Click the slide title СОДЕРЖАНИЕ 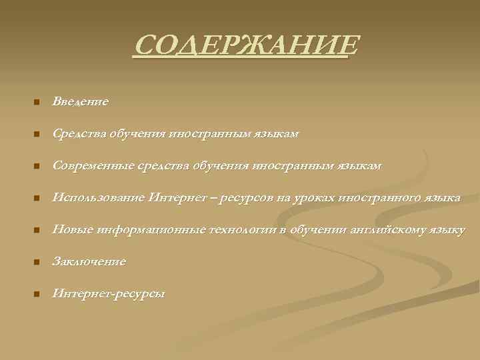(245, 47)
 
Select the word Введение (80, 102)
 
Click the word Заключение (89, 262)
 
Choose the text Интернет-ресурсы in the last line (109, 294)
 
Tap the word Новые (73, 230)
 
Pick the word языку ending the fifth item (448, 230)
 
